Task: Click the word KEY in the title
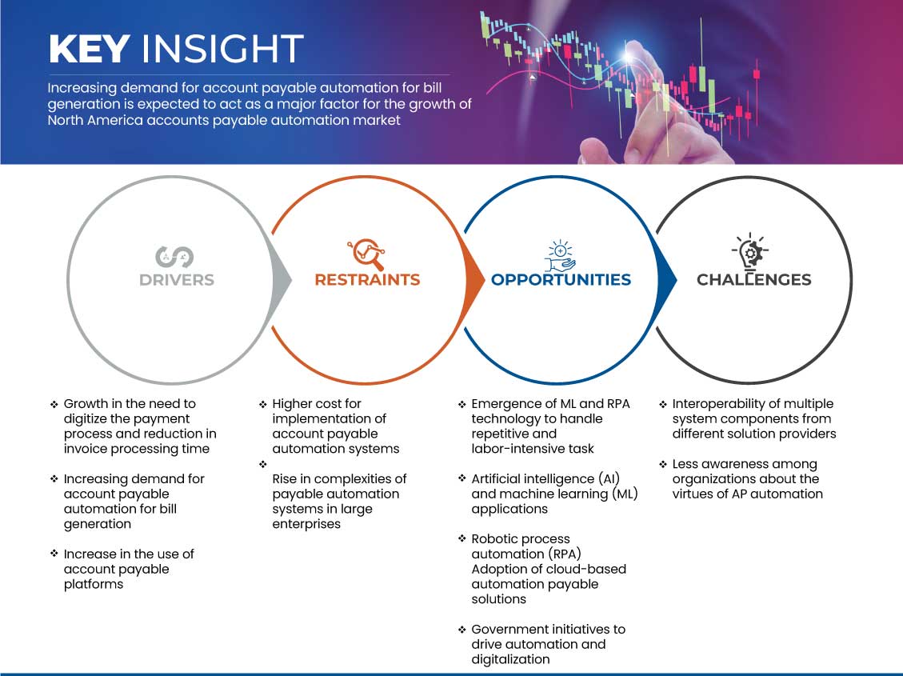pos(89,49)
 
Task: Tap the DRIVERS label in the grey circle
pos(176,280)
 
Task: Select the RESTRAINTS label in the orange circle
pos(367,280)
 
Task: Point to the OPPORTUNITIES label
pos(561,280)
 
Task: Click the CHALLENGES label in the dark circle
pos(753,280)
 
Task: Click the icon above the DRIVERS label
pos(174,257)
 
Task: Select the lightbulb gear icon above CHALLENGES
pos(750,252)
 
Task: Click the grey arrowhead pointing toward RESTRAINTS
pos(282,279)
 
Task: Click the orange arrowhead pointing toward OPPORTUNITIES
pos(475,279)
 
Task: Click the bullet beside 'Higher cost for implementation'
pos(263,404)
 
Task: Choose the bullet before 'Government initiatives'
pos(462,630)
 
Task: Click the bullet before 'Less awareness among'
pos(663,464)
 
